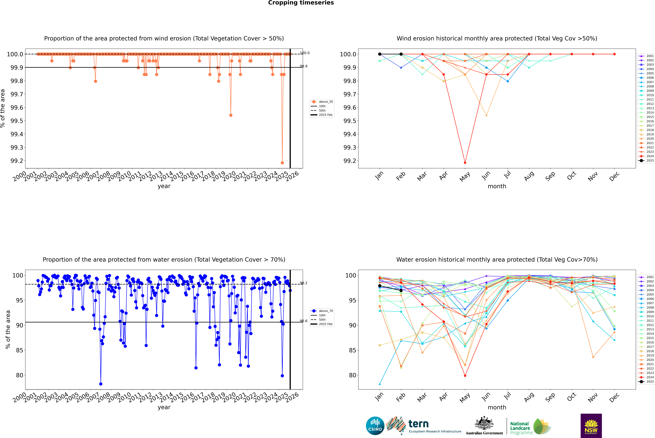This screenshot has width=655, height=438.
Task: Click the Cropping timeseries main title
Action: click(x=301, y=3)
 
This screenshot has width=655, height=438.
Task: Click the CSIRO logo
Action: click(x=375, y=426)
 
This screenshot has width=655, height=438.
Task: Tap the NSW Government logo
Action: click(x=591, y=426)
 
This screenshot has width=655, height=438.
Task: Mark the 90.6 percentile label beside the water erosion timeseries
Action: click(x=303, y=321)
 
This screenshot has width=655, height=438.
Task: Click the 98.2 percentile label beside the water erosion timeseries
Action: click(x=303, y=283)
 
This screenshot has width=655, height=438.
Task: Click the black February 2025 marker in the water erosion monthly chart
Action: click(x=401, y=291)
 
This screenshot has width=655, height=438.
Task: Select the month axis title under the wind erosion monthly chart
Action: click(x=497, y=186)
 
